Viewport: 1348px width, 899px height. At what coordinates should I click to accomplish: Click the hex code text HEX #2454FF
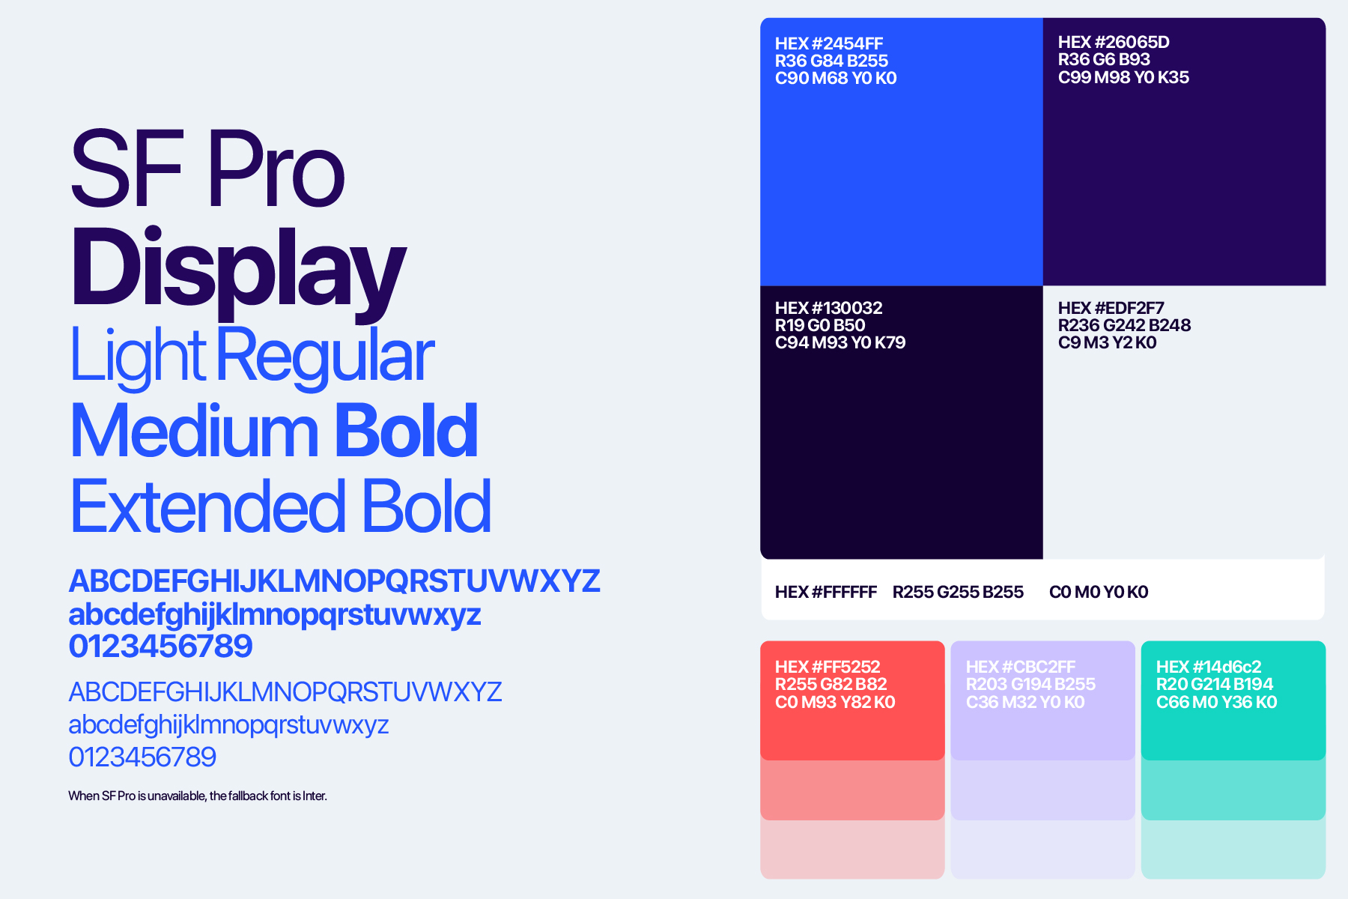click(x=829, y=43)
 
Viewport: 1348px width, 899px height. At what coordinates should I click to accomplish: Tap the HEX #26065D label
click(x=1114, y=42)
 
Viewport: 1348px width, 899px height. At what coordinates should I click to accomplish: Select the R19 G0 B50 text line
click(x=820, y=325)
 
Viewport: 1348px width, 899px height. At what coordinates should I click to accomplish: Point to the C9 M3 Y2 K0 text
click(x=1107, y=342)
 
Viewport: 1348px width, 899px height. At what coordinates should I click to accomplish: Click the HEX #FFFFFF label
click(x=826, y=592)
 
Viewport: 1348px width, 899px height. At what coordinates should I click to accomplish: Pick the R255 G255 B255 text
click(x=958, y=592)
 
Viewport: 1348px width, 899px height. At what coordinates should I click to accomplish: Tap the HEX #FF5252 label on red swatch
click(x=828, y=667)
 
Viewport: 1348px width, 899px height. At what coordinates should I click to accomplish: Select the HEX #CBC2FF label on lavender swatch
click(x=1021, y=667)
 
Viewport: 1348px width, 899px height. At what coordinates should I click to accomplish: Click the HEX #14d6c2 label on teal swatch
click(x=1209, y=667)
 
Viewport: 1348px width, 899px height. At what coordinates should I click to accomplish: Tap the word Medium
click(x=195, y=431)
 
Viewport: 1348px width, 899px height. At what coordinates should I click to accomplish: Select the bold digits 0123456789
click(x=160, y=646)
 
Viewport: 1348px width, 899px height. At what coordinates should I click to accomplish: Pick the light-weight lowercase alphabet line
click(x=228, y=725)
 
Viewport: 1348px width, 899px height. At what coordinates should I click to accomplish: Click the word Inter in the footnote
click(x=315, y=796)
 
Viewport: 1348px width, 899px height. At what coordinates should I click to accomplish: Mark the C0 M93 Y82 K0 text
click(x=835, y=702)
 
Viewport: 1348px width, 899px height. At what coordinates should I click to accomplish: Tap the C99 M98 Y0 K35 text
click(x=1123, y=77)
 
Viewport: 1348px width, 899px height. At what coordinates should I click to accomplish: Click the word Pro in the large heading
click(x=276, y=170)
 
